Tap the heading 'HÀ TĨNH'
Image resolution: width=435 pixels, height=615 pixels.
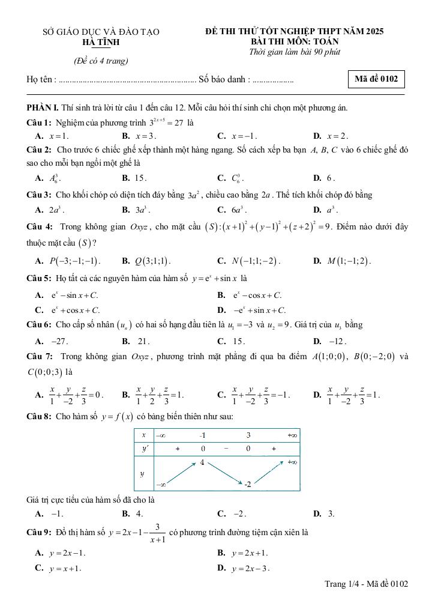100,42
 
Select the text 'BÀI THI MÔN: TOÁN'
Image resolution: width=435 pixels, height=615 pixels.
295,41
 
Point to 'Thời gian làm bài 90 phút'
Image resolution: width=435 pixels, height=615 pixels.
294,52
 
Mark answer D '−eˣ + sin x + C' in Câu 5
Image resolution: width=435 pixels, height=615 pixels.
259,310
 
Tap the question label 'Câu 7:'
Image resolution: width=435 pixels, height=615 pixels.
40,356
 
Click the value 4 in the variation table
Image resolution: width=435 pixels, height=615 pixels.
203,462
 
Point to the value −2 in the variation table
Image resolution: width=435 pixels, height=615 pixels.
247,483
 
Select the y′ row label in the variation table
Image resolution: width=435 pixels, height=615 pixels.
143,448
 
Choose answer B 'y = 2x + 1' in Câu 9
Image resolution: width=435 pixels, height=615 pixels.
250,552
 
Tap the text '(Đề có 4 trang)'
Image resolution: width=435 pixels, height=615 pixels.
101,61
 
